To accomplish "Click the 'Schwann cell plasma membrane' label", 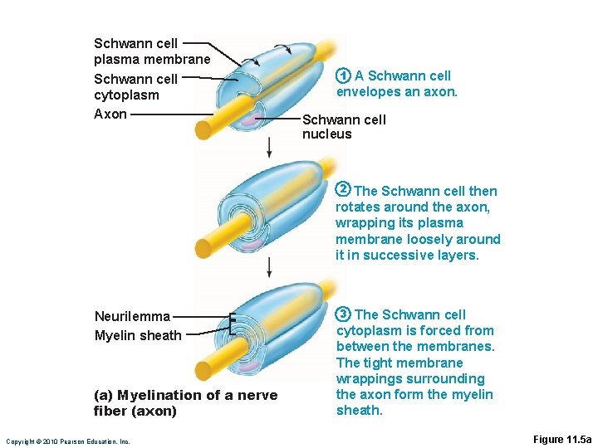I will tap(152, 51).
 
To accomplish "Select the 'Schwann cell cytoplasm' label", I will tap(135, 87).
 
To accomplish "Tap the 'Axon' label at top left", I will tap(110, 114).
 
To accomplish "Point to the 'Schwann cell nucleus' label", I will tap(344, 127).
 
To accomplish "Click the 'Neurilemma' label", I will tap(132, 316).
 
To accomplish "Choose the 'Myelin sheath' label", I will tap(138, 336).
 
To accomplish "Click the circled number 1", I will tap(341, 75).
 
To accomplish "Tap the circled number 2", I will tap(341, 191).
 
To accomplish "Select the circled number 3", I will tap(342, 314).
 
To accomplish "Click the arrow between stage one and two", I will tap(269, 147).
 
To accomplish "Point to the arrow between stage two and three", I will tap(269, 266).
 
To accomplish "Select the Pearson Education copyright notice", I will tap(67, 441).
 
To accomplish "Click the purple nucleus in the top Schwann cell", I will tap(249, 119).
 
